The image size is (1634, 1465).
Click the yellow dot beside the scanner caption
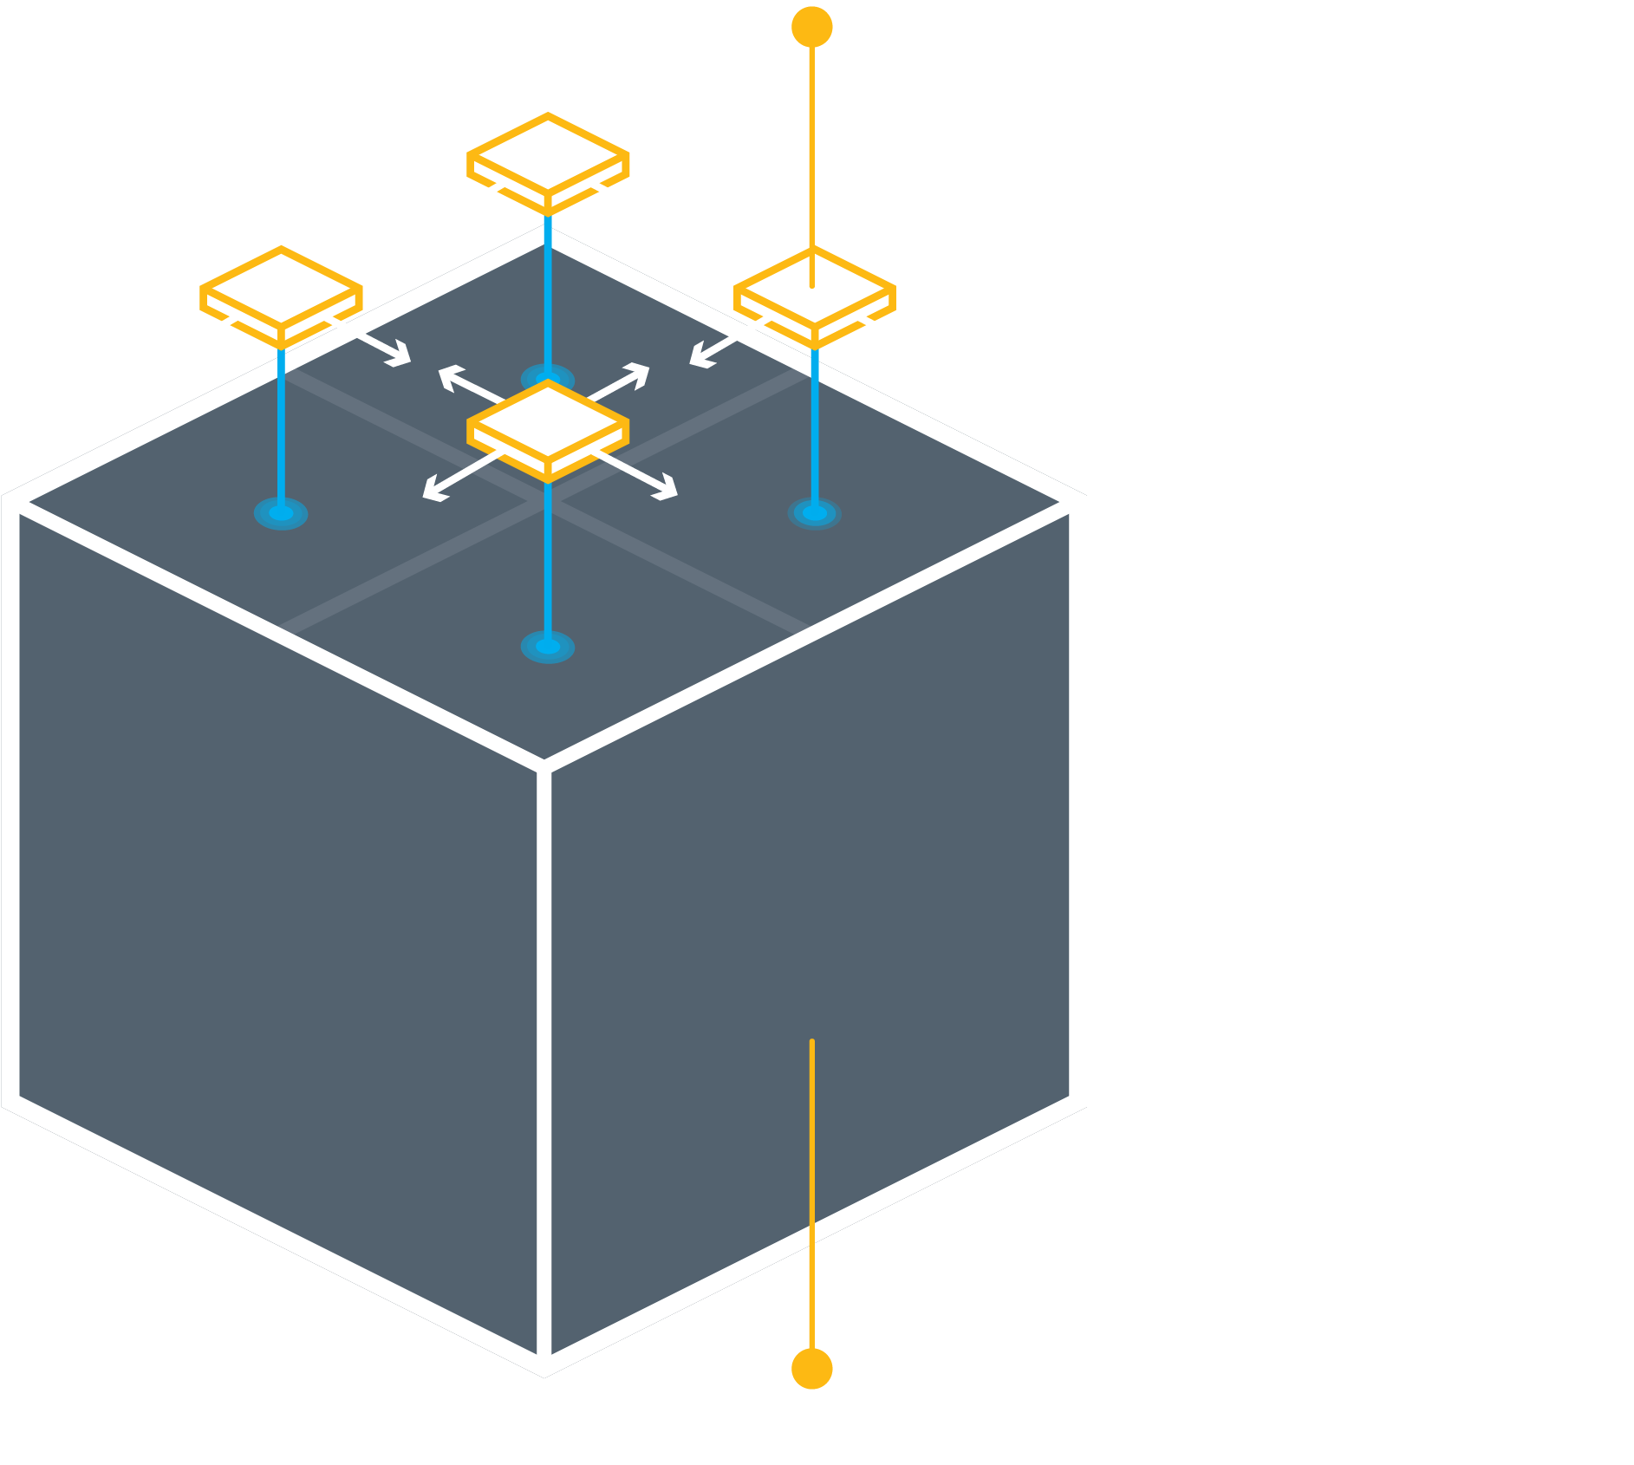point(811,27)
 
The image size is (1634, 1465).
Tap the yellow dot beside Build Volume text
point(811,1369)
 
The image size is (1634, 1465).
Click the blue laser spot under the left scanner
point(281,513)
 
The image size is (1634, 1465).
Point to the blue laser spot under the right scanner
point(814,513)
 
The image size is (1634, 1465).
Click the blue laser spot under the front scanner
point(548,647)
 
